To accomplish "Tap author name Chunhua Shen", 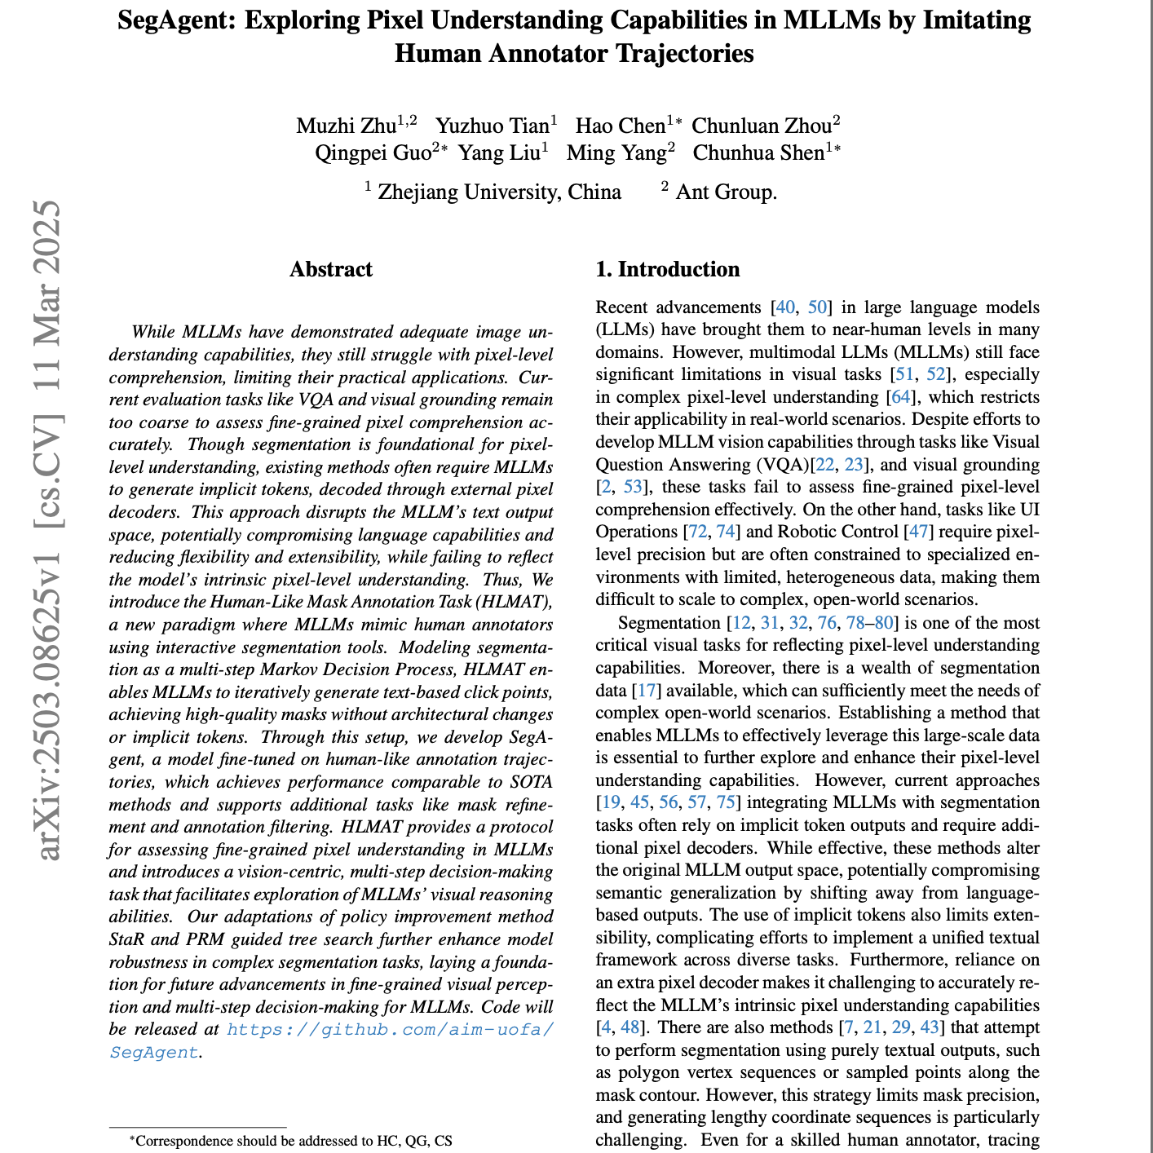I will [x=758, y=152].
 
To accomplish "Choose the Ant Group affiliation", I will [x=725, y=192].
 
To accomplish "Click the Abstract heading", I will [x=331, y=270].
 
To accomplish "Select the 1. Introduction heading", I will [x=668, y=270].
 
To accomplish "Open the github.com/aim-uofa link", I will [x=391, y=1029].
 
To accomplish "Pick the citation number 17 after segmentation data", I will [x=646, y=691].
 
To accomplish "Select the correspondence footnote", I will [x=290, y=1141].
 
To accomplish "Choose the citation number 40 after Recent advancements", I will [x=784, y=307].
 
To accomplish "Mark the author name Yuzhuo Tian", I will [x=493, y=126].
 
